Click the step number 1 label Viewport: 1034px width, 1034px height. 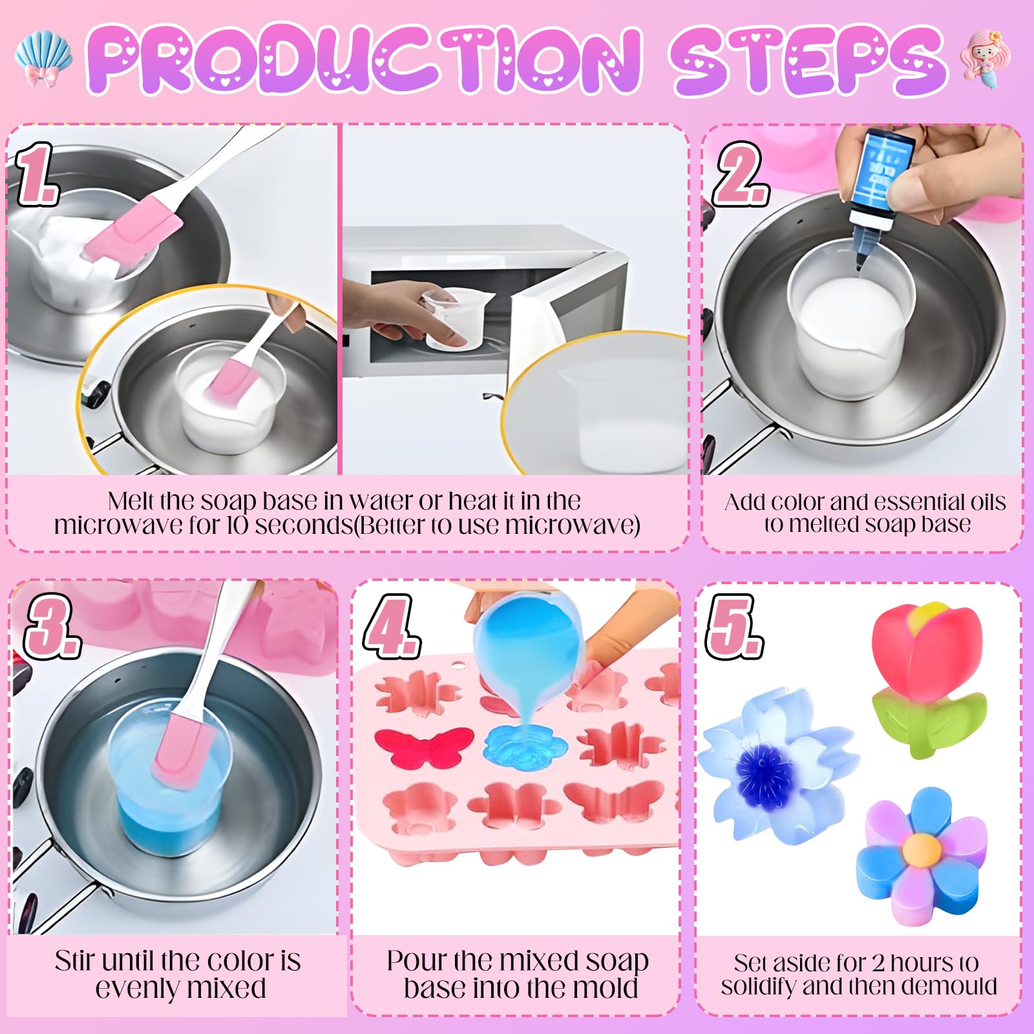[37, 174]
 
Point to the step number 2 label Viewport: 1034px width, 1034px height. [741, 173]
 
